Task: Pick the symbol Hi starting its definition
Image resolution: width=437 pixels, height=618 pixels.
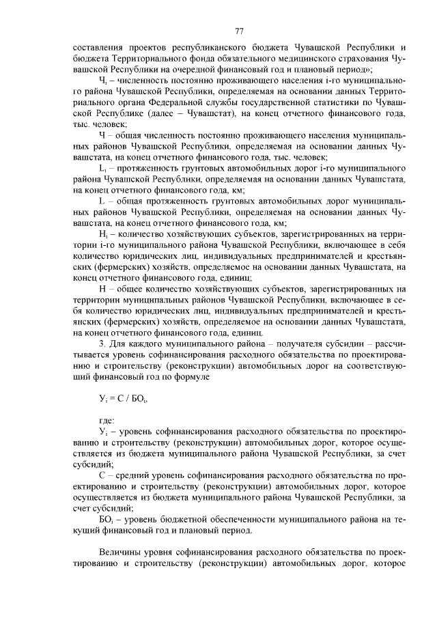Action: pos(103,233)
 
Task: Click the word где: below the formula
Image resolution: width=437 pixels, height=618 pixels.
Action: pos(107,420)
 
